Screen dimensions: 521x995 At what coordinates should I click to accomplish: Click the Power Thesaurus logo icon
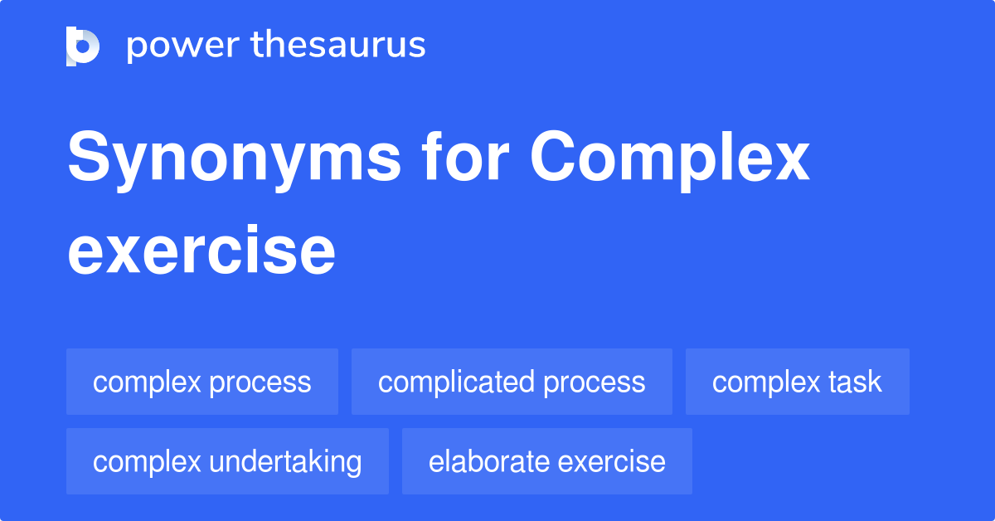(83, 46)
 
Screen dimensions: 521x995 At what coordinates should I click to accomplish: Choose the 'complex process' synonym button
(202, 382)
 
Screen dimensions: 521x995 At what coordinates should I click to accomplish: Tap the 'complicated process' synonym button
(512, 382)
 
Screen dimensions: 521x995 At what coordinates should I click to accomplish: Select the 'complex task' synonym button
(797, 382)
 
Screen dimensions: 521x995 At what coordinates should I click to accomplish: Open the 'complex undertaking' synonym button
(227, 461)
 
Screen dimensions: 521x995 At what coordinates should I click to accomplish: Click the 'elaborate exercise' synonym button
(546, 461)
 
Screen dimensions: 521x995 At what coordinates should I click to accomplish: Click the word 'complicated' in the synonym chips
(456, 382)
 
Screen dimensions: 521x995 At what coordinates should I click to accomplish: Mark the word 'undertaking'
(285, 461)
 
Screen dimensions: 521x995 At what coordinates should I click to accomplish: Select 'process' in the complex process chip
(260, 382)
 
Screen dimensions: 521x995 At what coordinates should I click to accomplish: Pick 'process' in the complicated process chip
(595, 382)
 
